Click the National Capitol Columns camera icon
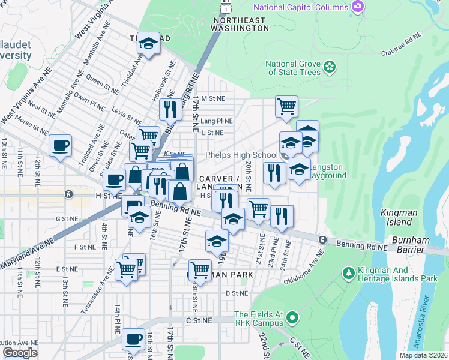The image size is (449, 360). tap(358, 7)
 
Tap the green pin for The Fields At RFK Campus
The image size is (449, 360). tap(292, 317)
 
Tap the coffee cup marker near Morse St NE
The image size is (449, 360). tap(59, 146)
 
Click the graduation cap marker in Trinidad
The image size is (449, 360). tap(148, 43)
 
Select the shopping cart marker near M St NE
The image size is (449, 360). tap(286, 106)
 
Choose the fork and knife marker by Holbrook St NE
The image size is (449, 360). tap(170, 109)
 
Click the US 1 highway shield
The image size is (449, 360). tap(225, 4)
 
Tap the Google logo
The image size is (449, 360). tap(20, 352)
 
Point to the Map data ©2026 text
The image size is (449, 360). tap(423, 355)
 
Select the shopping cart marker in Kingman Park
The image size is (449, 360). tap(199, 269)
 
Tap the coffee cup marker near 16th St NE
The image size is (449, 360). tap(133, 340)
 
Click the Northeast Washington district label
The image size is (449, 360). tap(239, 24)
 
